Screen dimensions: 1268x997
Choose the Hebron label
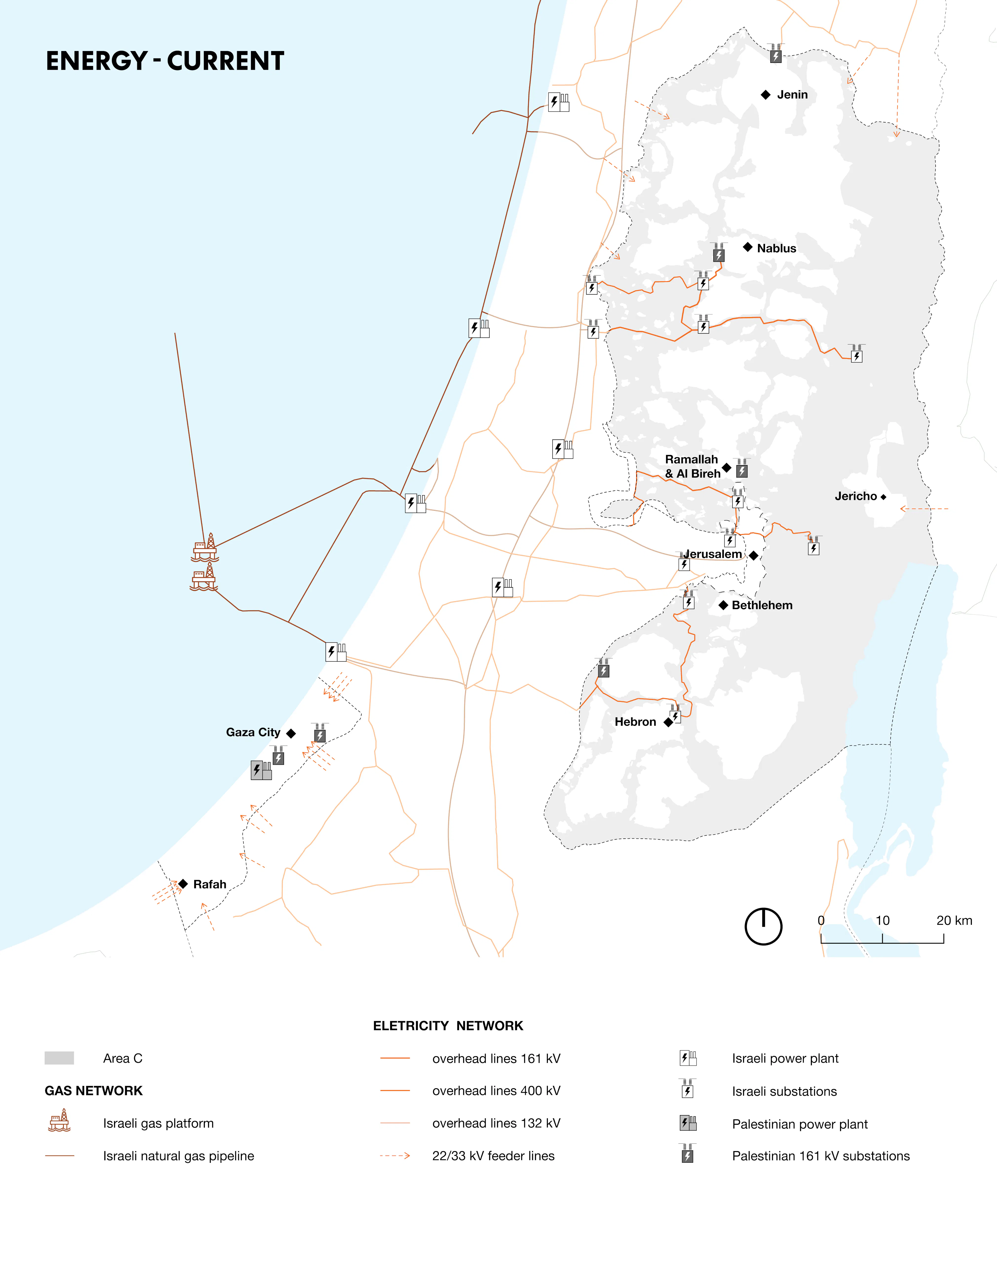[635, 722]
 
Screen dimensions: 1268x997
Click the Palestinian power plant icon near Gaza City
[261, 770]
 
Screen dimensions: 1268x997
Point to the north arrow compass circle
[763, 926]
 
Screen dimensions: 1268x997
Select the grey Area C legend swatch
[59, 1058]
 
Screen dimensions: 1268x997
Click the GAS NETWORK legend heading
[93, 1091]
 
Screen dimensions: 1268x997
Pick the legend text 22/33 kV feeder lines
[493, 1156]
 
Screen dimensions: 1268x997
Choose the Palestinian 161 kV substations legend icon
[688, 1154]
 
